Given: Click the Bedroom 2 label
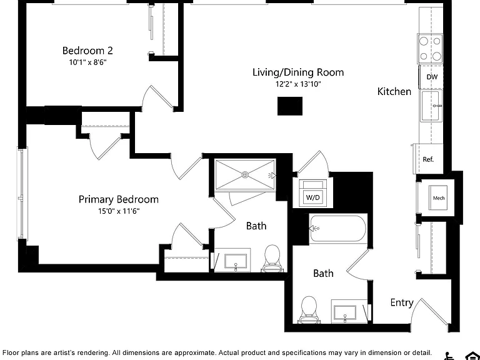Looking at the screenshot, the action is tap(87, 51).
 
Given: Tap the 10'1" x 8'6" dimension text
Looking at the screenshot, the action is tap(88, 62).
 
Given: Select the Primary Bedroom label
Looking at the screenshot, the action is tap(119, 199).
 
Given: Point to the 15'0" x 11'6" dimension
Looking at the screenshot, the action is tap(119, 211).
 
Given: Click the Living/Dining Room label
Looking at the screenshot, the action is tap(298, 72).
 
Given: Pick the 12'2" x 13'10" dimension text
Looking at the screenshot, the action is tap(298, 84).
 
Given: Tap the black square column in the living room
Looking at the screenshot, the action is tap(290, 106).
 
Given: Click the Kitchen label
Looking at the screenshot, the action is tap(394, 91).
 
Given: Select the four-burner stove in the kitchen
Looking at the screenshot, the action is tap(430, 49).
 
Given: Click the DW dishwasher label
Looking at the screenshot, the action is tap(432, 77).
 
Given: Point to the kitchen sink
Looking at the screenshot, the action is tap(431, 106).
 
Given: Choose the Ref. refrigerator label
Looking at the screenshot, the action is tap(428, 159).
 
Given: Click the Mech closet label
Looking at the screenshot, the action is tap(439, 198).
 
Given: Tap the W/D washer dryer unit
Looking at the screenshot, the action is tap(312, 194).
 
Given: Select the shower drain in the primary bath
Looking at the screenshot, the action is tap(245, 175).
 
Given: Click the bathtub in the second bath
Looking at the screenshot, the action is tap(338, 228).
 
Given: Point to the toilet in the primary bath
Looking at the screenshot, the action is tap(272, 258).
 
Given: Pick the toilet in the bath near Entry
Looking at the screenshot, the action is tap(309, 309).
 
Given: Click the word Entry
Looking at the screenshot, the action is tap(402, 302).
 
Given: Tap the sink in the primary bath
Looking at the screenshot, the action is tap(236, 261).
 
